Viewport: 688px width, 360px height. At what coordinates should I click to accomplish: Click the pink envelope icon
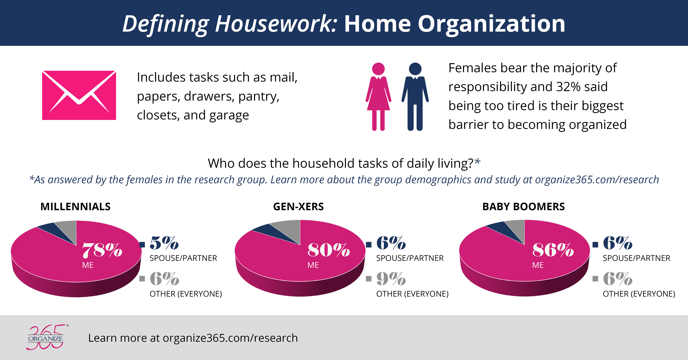click(x=79, y=95)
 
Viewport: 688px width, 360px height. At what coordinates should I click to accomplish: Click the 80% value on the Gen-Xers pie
click(x=328, y=250)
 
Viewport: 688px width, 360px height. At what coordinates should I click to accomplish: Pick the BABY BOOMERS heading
click(x=523, y=206)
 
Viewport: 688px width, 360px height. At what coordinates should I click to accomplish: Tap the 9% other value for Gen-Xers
click(x=391, y=279)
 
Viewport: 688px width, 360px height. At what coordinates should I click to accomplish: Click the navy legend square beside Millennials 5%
click(x=142, y=244)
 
